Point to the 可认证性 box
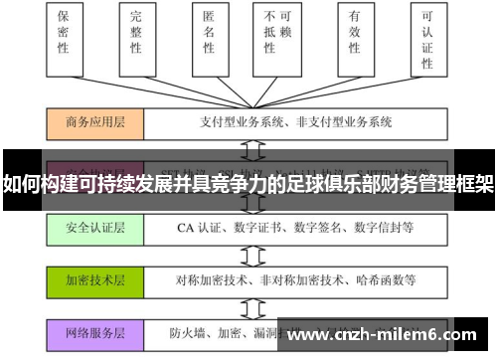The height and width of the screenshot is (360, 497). (x=428, y=40)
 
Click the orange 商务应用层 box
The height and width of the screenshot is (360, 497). (x=94, y=123)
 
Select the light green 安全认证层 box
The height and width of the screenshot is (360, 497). (x=94, y=227)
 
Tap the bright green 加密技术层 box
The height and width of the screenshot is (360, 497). (x=94, y=279)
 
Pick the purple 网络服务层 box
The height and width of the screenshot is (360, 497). (x=94, y=332)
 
